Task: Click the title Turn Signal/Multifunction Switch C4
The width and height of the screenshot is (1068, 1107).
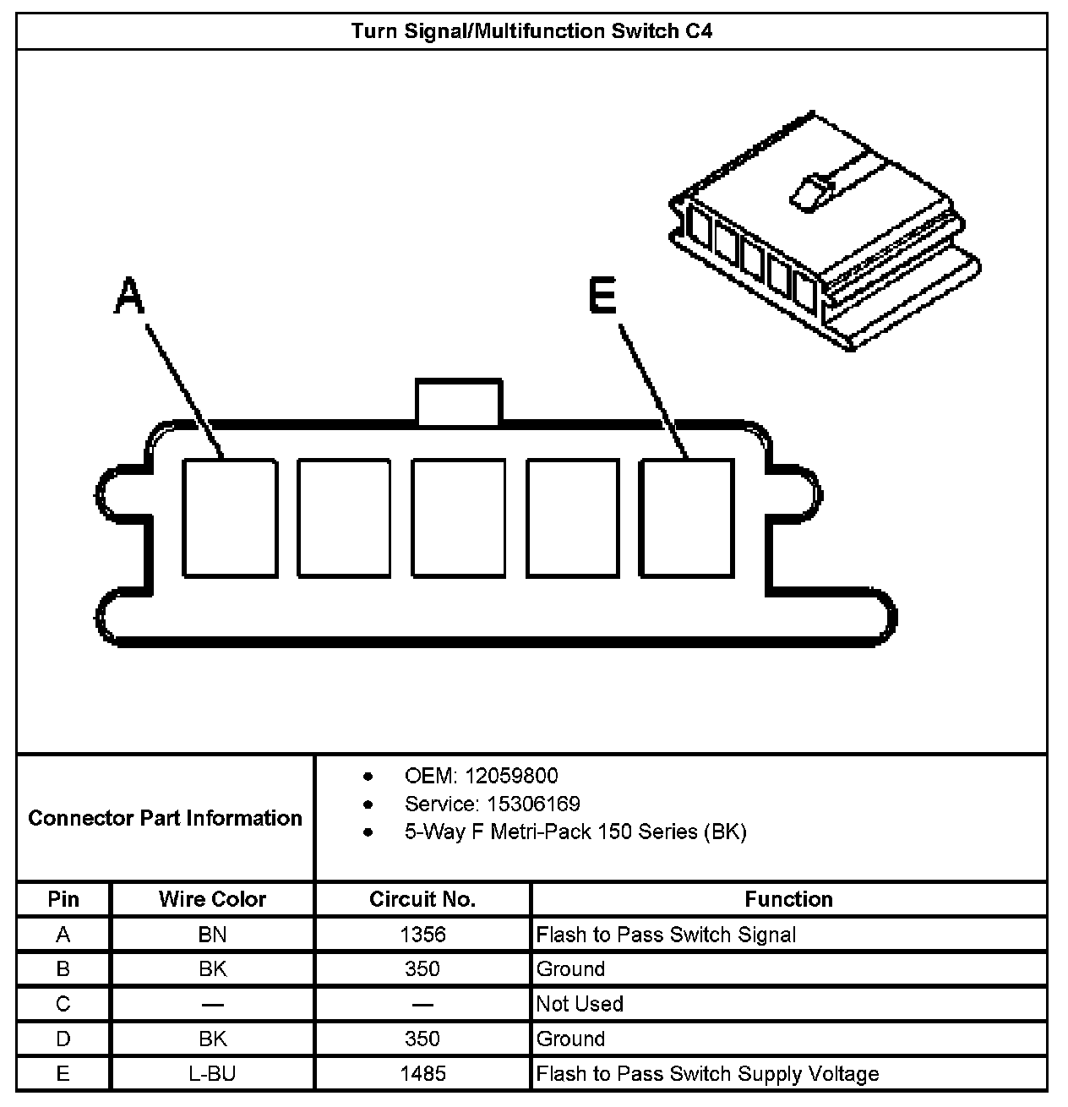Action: pyautogui.click(x=531, y=31)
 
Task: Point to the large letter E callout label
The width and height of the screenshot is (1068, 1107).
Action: pyautogui.click(x=602, y=297)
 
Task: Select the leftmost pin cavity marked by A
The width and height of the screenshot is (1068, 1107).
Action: pyautogui.click(x=230, y=518)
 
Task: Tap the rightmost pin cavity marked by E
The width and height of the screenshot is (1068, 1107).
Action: pyautogui.click(x=685, y=518)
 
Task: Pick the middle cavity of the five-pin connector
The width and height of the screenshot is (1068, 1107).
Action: pyautogui.click(x=458, y=518)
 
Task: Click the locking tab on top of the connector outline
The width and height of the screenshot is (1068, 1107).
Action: pyautogui.click(x=457, y=401)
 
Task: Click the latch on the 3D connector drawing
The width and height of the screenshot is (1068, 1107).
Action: pyautogui.click(x=809, y=190)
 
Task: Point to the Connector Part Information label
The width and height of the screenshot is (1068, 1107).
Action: pyautogui.click(x=165, y=818)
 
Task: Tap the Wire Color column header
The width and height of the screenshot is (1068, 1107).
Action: pyautogui.click(x=212, y=899)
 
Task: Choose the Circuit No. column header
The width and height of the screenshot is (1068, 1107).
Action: pyautogui.click(x=422, y=899)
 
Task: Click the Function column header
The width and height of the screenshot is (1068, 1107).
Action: pyautogui.click(x=788, y=899)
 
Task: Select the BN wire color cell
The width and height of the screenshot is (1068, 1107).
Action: pyautogui.click(x=212, y=935)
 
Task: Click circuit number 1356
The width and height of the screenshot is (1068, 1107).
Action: pyautogui.click(x=422, y=935)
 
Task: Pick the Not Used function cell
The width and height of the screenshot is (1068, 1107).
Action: pyautogui.click(x=580, y=1004)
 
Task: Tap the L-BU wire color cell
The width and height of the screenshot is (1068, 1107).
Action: pyautogui.click(x=212, y=1074)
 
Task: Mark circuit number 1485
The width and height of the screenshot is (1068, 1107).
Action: pyautogui.click(x=422, y=1074)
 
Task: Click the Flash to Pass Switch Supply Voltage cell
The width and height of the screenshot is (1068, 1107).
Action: pyautogui.click(x=707, y=1074)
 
